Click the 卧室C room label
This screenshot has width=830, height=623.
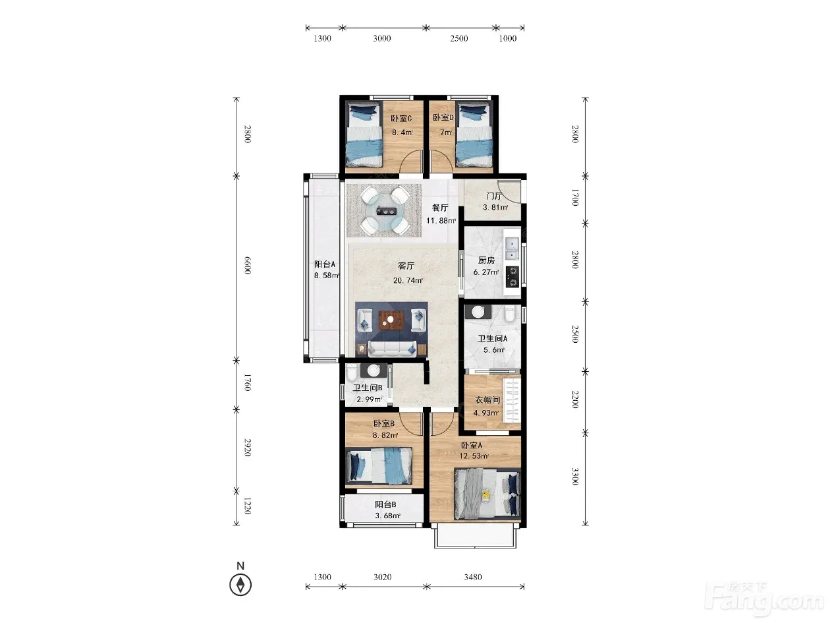click(401, 119)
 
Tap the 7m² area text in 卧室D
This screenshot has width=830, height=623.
click(446, 133)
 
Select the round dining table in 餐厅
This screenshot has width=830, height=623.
click(384, 211)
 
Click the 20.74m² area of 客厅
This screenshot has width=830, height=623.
click(408, 280)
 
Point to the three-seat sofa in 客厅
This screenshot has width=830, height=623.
click(393, 348)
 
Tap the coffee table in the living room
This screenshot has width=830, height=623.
click(392, 320)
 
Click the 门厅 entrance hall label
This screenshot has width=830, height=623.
click(494, 196)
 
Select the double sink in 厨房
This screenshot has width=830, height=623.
click(511, 249)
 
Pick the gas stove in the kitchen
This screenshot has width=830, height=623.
click(512, 276)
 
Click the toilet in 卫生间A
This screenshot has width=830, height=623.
click(510, 314)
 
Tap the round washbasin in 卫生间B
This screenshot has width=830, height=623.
click(373, 371)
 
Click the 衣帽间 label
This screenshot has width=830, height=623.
click(487, 400)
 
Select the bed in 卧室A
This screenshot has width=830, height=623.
click(487, 494)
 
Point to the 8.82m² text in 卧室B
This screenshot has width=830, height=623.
click(385, 435)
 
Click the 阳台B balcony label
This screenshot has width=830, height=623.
click(385, 504)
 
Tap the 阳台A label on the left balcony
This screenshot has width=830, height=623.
click(325, 264)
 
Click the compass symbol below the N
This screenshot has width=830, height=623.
click(240, 585)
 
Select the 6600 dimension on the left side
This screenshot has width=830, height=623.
click(247, 265)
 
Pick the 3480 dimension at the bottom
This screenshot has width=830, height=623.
click(473, 577)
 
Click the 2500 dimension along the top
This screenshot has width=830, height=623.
click(458, 38)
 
